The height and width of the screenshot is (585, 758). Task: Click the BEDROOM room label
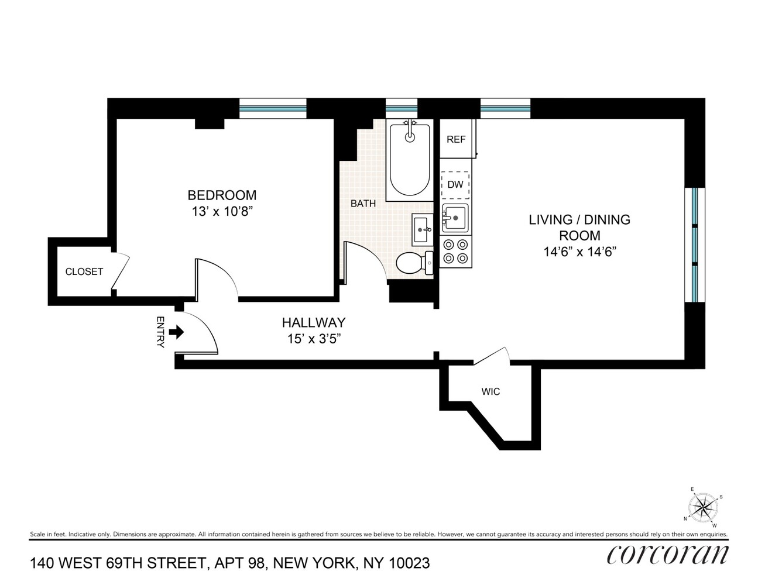[222, 195]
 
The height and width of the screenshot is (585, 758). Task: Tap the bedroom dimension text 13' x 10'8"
[222, 211]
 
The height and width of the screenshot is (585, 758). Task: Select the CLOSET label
[84, 271]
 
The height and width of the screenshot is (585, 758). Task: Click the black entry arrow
[176, 332]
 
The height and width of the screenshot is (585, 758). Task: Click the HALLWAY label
[314, 322]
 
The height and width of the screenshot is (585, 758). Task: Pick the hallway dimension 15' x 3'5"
[314, 339]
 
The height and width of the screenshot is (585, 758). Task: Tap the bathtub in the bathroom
[410, 159]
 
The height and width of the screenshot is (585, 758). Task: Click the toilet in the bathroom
[413, 262]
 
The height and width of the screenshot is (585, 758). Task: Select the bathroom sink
[422, 230]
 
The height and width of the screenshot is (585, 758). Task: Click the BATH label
[363, 204]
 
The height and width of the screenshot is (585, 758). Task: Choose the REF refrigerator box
[457, 139]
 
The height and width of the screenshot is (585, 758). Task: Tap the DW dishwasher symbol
[455, 184]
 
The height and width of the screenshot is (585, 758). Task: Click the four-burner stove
[455, 252]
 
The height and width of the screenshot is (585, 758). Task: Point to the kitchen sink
[455, 218]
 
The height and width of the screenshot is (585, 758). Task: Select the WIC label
[491, 391]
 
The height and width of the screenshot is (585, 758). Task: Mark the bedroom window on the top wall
[273, 109]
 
